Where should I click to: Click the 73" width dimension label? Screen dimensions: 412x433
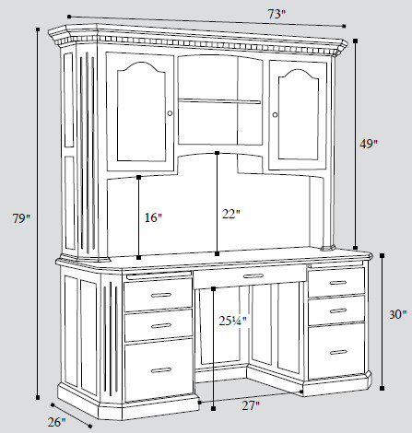(277, 14)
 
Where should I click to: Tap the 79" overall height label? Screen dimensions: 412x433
(21, 218)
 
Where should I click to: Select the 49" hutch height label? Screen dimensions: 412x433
(369, 144)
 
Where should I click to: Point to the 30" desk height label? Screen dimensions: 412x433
(398, 314)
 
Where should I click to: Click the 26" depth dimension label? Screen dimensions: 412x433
(57, 422)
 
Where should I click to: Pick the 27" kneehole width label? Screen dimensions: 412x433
(251, 405)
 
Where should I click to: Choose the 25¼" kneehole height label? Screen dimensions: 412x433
(233, 321)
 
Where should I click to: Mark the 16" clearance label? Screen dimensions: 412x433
(153, 217)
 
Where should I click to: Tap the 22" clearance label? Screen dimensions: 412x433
(231, 214)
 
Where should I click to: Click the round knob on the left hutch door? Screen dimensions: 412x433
(170, 113)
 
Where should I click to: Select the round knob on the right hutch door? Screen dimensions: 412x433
(275, 114)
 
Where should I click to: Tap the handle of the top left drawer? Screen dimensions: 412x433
(161, 295)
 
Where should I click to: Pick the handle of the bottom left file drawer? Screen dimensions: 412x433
(161, 370)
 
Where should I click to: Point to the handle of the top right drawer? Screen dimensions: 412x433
(338, 283)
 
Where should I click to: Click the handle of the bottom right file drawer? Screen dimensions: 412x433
(338, 352)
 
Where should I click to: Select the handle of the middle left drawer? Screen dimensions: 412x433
(161, 325)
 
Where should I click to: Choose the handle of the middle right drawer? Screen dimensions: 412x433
(338, 310)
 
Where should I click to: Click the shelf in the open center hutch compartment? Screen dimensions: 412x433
(219, 100)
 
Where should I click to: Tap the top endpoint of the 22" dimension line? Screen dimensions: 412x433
(218, 153)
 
